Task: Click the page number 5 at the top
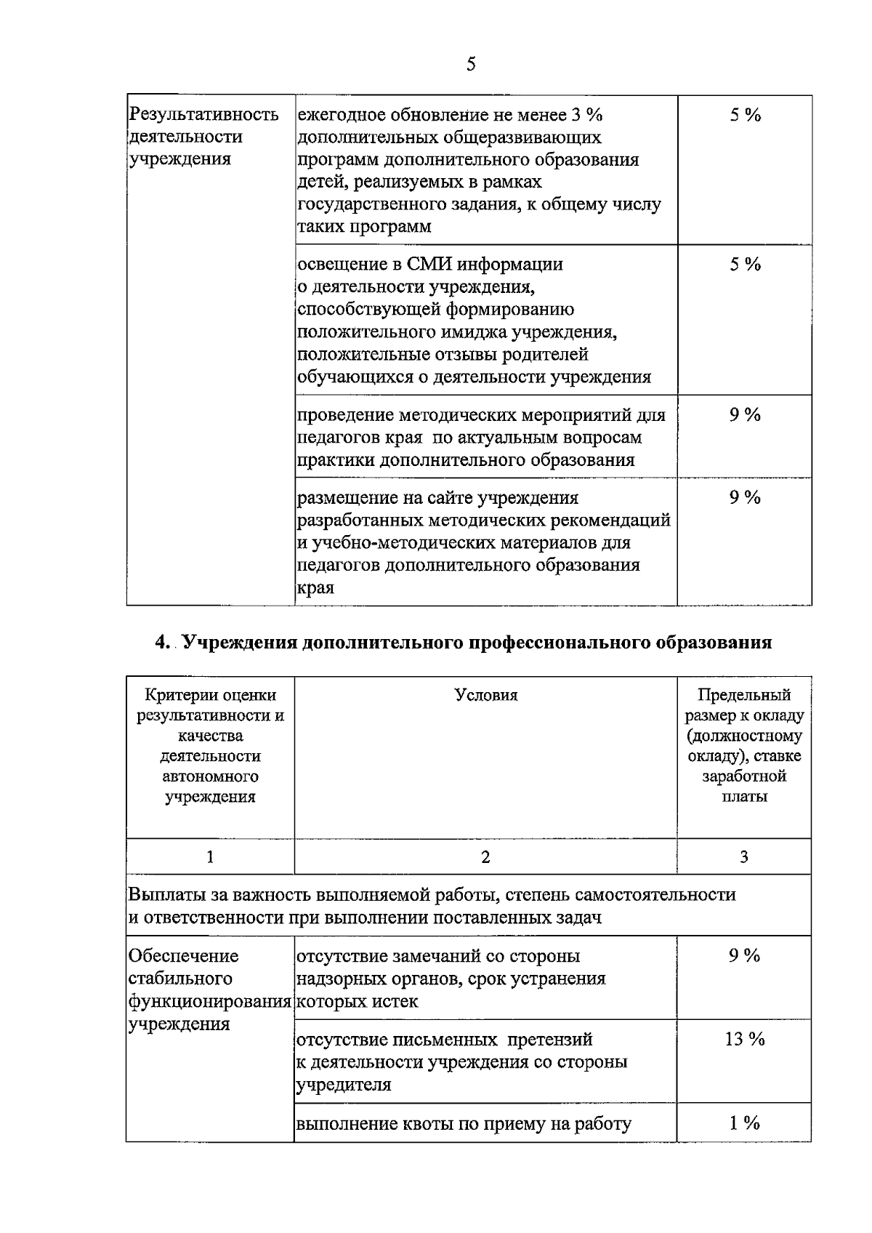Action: tap(471, 65)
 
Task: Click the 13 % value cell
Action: tap(744, 1040)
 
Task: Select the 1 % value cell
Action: tap(744, 1123)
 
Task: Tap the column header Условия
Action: tap(485, 695)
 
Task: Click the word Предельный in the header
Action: tap(744, 695)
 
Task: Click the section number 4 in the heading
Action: tap(161, 643)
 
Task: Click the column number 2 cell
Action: tap(485, 857)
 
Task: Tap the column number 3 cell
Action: tap(744, 857)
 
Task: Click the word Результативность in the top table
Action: tap(203, 115)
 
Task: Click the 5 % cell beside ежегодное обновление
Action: tap(745, 115)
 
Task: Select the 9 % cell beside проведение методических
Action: tap(745, 415)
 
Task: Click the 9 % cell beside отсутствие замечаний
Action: tap(744, 956)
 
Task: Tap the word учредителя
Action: tap(344, 1085)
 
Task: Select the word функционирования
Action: tap(209, 1002)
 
